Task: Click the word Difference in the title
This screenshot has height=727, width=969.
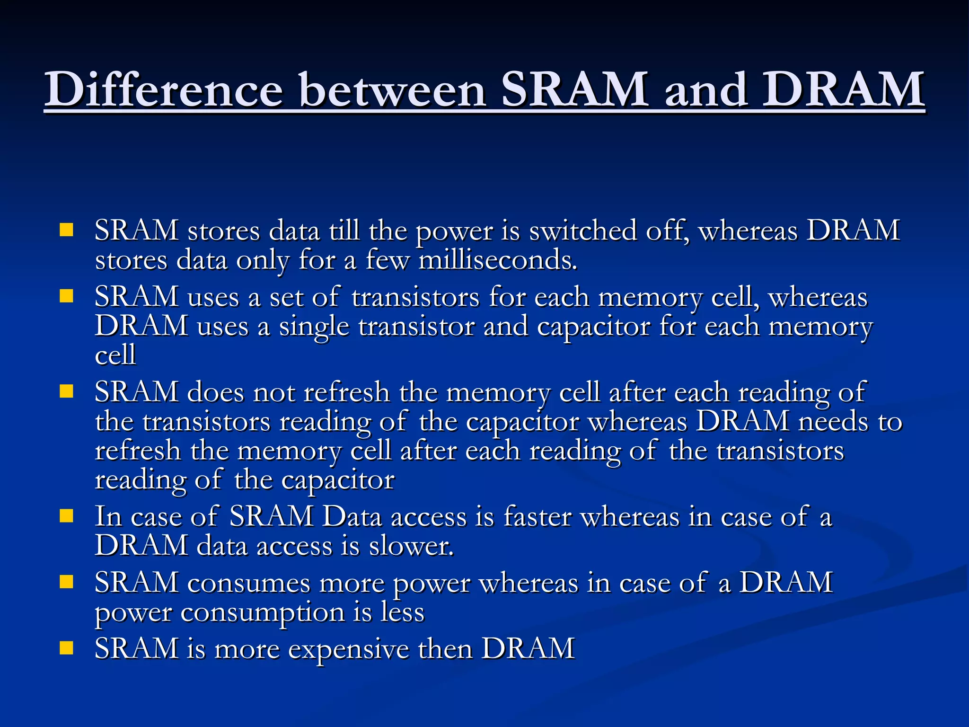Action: [x=164, y=89]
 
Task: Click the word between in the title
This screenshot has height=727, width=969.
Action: [x=393, y=89]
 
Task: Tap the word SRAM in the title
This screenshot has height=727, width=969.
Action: [x=574, y=89]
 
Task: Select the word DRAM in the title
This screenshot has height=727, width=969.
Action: [x=843, y=89]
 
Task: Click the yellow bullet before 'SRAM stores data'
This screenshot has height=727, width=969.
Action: [x=67, y=230]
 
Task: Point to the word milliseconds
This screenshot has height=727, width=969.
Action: [x=498, y=260]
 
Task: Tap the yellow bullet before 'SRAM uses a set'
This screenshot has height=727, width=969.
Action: [x=67, y=296]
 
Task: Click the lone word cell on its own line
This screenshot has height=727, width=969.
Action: [x=115, y=355]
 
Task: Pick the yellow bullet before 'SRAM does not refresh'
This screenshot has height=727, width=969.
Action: [x=67, y=391]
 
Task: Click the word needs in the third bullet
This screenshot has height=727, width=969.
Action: [x=833, y=421]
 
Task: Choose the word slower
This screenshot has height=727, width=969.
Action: [x=411, y=546]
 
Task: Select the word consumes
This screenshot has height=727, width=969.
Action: [x=249, y=583]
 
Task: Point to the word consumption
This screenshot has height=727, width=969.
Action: [x=263, y=612]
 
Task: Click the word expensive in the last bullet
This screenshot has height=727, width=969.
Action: [x=349, y=649]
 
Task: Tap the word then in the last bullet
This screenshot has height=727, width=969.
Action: [x=445, y=648]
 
